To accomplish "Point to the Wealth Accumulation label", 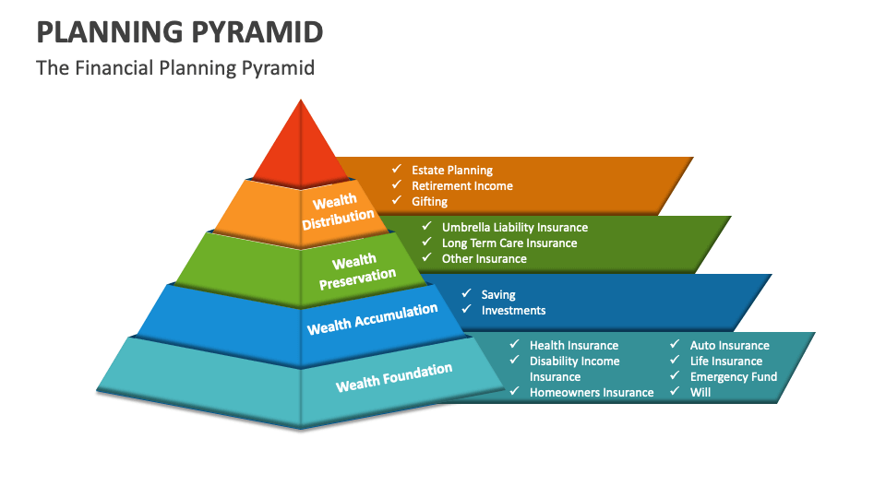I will [x=372, y=318].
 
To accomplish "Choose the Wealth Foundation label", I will [x=394, y=376].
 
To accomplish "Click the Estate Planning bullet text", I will [x=452, y=170].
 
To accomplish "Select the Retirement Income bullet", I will [x=461, y=185].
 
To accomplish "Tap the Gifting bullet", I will [x=429, y=201].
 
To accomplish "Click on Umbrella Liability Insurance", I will [x=514, y=227].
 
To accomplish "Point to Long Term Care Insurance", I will [x=509, y=243].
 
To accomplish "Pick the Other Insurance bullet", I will [x=484, y=258].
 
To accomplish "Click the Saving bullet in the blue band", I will [x=498, y=294].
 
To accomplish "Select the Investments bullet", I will [x=513, y=310].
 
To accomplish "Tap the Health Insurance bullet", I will [x=573, y=345].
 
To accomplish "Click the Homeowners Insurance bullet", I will [x=591, y=392].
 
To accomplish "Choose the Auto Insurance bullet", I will [x=729, y=345].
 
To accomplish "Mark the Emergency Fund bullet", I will [x=733, y=376].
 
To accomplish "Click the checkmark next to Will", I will [x=675, y=391].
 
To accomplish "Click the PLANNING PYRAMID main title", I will [x=180, y=32].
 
